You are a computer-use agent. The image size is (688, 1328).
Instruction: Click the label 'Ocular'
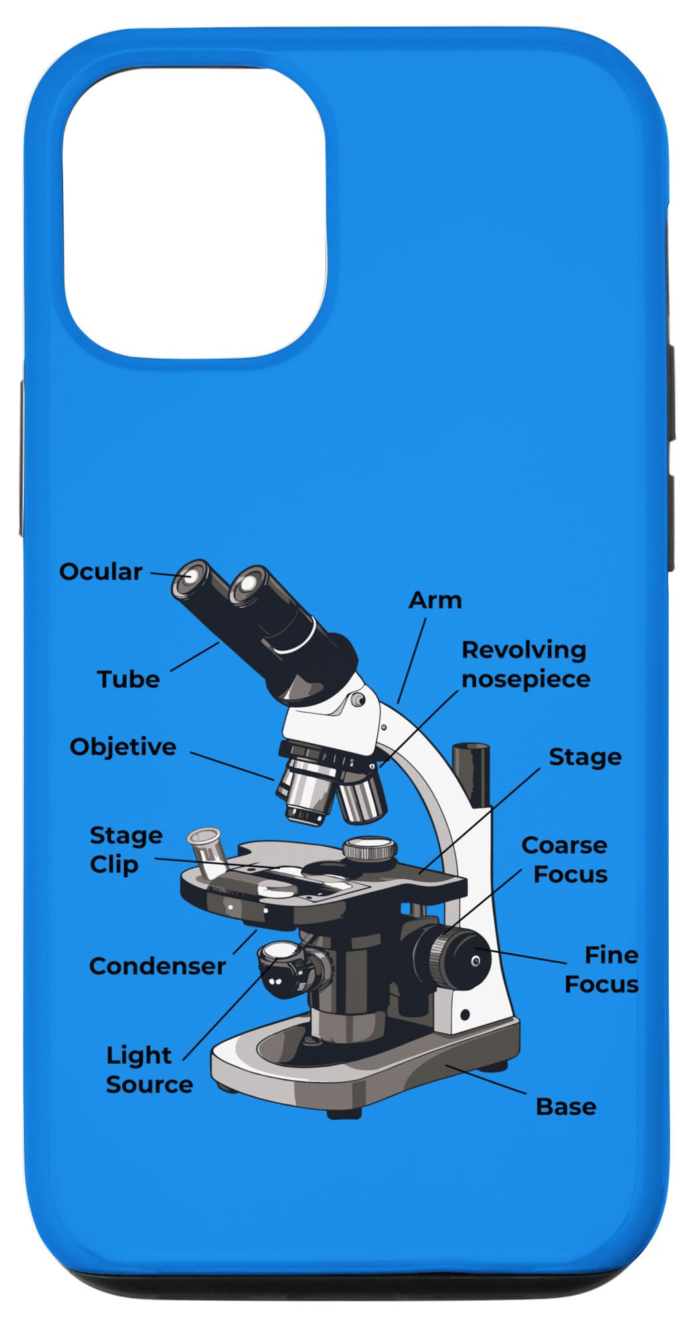point(101,572)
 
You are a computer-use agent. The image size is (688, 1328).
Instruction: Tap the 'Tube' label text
point(128,679)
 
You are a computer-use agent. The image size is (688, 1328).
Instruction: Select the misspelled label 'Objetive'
point(123,747)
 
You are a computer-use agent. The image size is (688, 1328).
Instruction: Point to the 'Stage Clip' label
point(125,850)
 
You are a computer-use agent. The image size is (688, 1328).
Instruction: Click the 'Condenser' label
point(157,966)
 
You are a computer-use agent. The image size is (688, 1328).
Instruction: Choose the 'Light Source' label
point(149,1070)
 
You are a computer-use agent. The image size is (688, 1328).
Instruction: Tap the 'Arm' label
point(435,600)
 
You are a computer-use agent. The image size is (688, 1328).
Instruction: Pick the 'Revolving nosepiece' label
point(525,665)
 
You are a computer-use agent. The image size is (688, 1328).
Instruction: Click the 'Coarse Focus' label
point(565,860)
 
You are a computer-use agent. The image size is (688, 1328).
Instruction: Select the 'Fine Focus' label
point(602,969)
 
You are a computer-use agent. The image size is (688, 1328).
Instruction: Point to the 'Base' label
point(566,1107)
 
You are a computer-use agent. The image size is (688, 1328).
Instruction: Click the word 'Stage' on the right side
point(585,757)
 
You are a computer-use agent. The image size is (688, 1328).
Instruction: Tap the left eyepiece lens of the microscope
point(191,577)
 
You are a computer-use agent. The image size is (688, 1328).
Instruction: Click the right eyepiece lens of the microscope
point(247,585)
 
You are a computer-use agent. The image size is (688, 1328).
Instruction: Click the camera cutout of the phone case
point(194,212)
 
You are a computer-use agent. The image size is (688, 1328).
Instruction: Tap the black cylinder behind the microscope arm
point(471,774)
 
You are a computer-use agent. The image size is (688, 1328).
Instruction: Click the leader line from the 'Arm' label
point(412,661)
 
